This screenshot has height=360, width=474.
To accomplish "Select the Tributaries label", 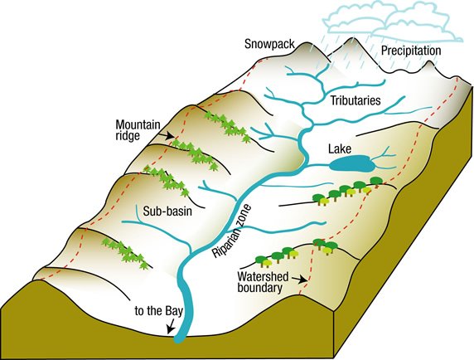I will coord(355,100).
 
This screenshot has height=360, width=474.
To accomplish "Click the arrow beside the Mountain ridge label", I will coord(168,134).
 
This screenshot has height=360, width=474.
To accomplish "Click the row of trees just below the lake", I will coord(340,192).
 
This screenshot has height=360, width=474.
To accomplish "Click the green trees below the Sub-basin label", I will coord(125,251).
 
